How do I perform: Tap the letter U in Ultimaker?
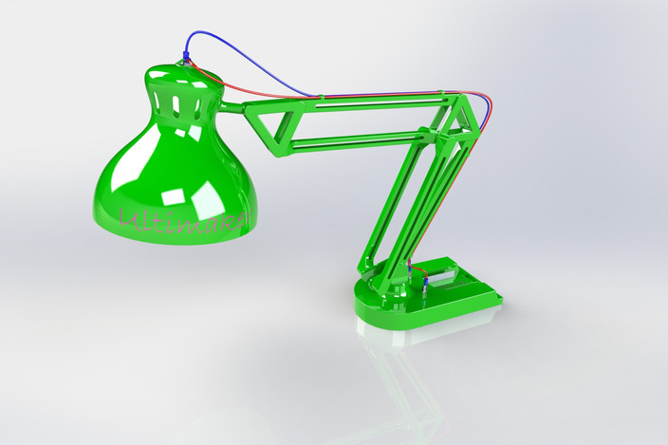128,220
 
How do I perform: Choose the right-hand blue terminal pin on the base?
426,281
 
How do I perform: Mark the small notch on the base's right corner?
496,301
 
